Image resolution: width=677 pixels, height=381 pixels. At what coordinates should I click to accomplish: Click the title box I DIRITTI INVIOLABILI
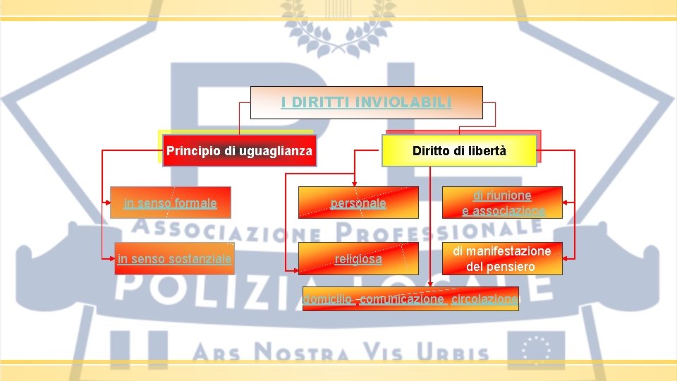click(367, 102)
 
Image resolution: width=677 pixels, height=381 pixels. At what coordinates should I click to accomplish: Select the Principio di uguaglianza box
click(238, 150)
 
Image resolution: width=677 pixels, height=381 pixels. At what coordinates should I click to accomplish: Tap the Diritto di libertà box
click(459, 150)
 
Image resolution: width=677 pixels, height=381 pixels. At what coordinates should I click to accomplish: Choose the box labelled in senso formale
click(170, 203)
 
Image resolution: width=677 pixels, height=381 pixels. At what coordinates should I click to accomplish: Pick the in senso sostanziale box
click(174, 259)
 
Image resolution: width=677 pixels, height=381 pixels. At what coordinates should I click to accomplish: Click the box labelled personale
click(358, 203)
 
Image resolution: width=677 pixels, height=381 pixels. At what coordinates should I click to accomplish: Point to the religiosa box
click(358, 259)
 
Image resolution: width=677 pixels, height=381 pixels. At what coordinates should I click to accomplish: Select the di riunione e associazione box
click(503, 203)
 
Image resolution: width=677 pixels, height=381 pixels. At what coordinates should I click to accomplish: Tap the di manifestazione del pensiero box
click(503, 259)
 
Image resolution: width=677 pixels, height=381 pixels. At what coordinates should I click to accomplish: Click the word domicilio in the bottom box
click(329, 299)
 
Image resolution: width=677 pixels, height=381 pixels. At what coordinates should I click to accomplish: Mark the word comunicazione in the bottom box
click(401, 299)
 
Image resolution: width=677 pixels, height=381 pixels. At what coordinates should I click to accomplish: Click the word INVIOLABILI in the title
click(406, 102)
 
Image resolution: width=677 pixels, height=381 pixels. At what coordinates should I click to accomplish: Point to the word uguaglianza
click(276, 150)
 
